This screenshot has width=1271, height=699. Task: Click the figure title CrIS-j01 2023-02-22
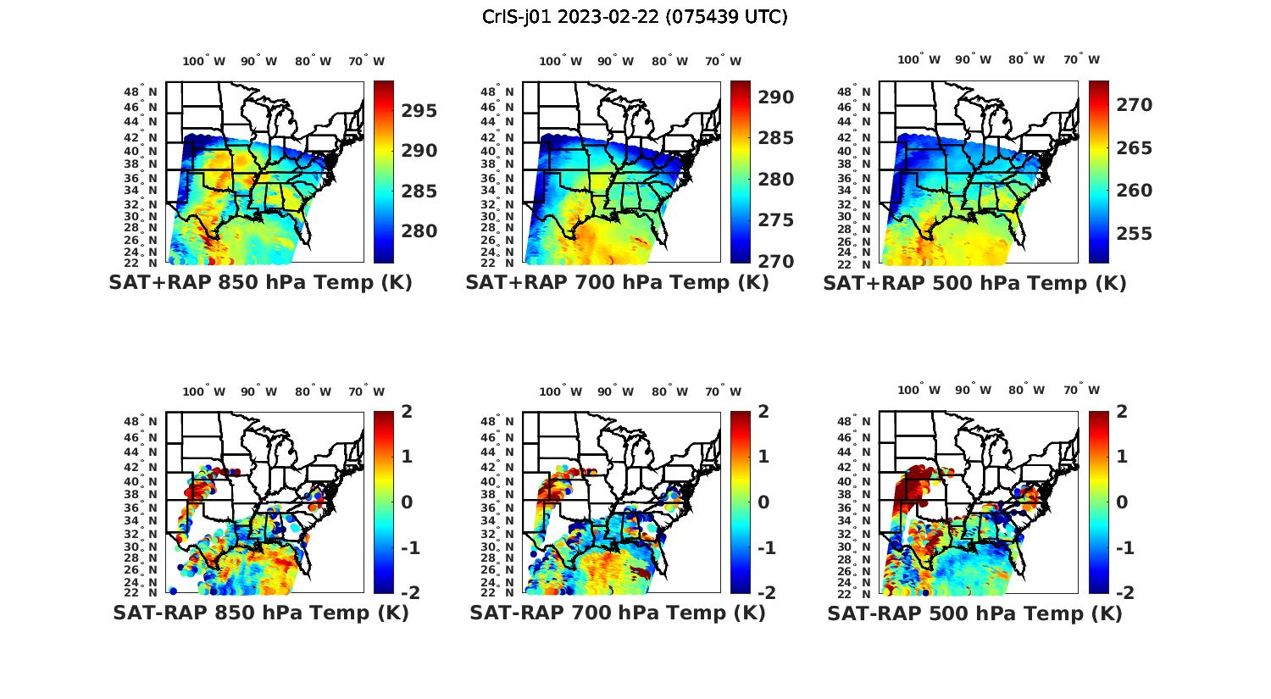(x=635, y=17)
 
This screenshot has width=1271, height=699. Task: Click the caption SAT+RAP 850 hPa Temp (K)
(x=260, y=283)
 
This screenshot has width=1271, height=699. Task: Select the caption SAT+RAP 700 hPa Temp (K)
(x=617, y=283)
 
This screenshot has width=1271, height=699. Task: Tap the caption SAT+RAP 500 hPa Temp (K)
(x=974, y=283)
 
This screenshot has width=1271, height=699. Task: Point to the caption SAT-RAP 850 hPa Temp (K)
(x=261, y=613)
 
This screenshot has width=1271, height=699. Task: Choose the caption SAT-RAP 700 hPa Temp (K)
(x=618, y=613)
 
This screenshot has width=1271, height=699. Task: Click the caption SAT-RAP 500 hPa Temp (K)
(x=974, y=613)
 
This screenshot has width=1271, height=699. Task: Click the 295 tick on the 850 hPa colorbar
(x=419, y=111)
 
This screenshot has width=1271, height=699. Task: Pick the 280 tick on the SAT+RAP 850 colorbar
(x=419, y=231)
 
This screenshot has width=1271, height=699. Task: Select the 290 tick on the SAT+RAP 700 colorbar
(x=776, y=97)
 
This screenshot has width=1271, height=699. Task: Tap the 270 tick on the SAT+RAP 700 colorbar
(x=776, y=261)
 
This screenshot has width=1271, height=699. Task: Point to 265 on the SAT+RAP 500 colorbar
(x=1135, y=148)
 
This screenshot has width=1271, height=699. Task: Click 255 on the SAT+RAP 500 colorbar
(x=1135, y=234)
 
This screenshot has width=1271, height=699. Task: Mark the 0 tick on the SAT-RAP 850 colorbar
(x=406, y=502)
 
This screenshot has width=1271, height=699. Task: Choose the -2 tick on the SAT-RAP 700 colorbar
(x=766, y=592)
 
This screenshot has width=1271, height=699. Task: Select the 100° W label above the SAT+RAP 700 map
(x=560, y=61)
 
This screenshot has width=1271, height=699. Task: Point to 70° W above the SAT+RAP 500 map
(x=1081, y=59)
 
